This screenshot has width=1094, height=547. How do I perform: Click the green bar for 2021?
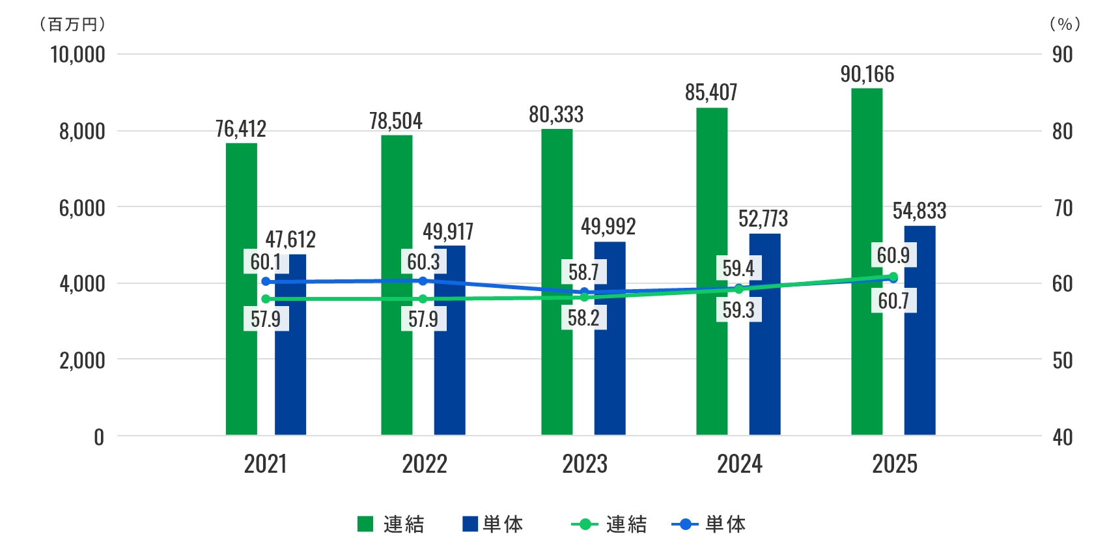pyautogui.click(x=241, y=365)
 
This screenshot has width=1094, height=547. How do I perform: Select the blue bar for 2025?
pyautogui.click(x=919, y=352)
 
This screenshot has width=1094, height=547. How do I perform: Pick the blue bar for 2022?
pyautogui.click(x=449, y=365)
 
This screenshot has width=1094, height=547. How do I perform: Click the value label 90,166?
pyautogui.click(x=867, y=75)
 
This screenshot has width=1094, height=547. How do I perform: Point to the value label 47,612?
pyautogui.click(x=290, y=240)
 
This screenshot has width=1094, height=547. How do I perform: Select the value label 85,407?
pyautogui.click(x=711, y=93)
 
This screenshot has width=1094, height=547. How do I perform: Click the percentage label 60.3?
pyautogui.click(x=423, y=262)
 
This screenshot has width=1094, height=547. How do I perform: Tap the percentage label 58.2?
pyautogui.click(x=583, y=318)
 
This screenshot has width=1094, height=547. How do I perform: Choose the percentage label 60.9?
pyautogui.click(x=893, y=255)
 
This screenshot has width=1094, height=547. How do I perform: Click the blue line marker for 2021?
pyautogui.click(x=266, y=281)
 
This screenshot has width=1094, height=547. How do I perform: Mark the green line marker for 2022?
pyautogui.click(x=423, y=299)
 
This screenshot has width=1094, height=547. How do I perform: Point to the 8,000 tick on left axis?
pyautogui.click(x=82, y=132)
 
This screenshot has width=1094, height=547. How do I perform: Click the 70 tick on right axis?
pyautogui.click(x=1063, y=208)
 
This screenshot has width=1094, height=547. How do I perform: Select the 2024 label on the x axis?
pyautogui.click(x=740, y=464)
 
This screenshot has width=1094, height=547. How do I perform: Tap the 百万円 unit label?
pyautogui.click(x=72, y=24)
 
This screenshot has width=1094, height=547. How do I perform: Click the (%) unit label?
pyautogui.click(x=1065, y=24)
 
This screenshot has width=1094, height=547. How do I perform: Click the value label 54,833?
pyautogui.click(x=919, y=211)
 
